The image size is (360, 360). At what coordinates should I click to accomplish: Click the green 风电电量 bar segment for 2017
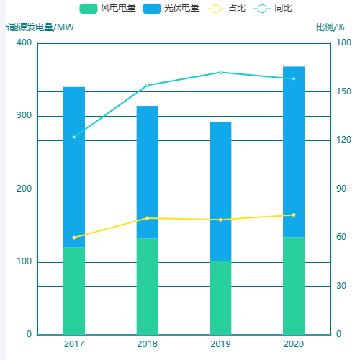point(74,291)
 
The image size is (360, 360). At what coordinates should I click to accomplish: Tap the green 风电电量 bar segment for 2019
point(220,297)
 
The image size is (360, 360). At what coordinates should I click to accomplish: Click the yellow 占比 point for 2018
point(148,217)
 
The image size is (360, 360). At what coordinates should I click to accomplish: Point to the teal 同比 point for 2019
point(220,72)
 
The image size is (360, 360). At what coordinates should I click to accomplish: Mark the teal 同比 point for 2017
point(74,137)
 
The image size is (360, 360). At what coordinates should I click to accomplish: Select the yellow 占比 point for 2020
point(294,215)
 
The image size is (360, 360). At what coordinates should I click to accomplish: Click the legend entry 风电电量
point(107,9)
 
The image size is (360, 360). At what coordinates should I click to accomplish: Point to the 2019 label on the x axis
point(220,344)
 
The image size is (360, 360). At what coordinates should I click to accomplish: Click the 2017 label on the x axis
point(74,344)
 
